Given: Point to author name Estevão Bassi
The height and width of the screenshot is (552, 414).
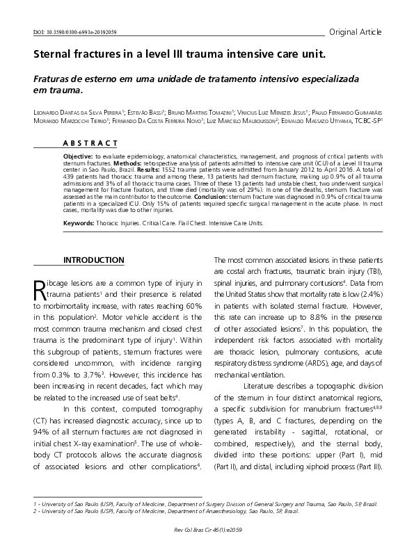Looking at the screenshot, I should coord(149,111).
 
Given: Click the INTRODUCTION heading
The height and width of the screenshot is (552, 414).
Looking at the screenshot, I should coord(94,260).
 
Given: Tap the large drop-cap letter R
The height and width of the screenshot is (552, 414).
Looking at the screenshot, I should coord(41,289).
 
